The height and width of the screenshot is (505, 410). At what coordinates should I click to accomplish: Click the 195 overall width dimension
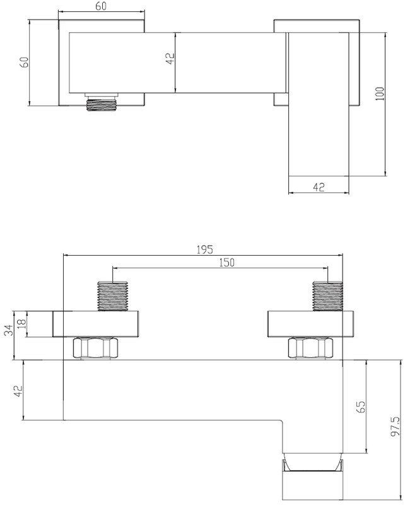[204, 249]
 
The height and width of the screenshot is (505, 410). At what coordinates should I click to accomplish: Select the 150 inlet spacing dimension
[227, 263]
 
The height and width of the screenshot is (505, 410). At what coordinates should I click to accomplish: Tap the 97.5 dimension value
[395, 425]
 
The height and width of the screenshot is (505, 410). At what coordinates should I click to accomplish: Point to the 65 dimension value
[361, 407]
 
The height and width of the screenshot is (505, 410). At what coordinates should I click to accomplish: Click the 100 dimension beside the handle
[380, 93]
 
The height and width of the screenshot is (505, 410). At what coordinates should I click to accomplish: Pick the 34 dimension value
[9, 330]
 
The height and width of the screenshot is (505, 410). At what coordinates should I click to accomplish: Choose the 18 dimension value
[21, 323]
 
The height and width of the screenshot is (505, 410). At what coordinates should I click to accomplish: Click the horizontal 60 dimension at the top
[101, 6]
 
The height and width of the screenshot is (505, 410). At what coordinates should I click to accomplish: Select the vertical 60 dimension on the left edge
[24, 62]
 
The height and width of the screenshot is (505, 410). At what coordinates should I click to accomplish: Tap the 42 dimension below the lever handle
[319, 187]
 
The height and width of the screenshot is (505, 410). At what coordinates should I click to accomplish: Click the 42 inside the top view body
[170, 59]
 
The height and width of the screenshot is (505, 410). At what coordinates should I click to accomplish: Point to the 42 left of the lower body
[18, 391]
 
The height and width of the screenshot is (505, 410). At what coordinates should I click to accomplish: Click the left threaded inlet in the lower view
[113, 296]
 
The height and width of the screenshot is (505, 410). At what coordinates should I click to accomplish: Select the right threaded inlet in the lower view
[327, 296]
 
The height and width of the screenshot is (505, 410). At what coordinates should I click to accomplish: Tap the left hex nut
[96, 348]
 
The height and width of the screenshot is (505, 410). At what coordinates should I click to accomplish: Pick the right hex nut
[311, 348]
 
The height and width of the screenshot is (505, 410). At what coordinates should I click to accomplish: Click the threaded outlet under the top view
[102, 102]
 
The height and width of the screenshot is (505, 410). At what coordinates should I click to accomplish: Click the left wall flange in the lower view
[96, 324]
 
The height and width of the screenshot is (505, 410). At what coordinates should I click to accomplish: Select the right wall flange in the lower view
[310, 324]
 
